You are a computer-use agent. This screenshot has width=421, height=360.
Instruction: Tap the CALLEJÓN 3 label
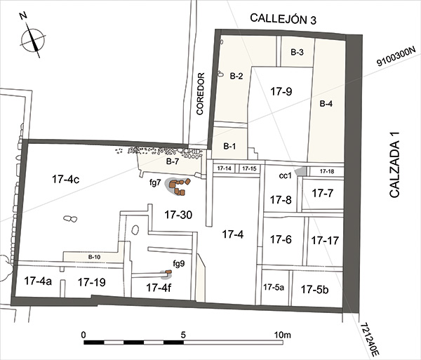(x=283, y=19)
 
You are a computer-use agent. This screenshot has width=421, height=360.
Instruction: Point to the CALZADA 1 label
(x=394, y=165)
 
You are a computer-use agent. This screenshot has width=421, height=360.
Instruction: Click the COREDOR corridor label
(x=201, y=94)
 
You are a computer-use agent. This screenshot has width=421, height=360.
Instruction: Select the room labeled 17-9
(x=281, y=91)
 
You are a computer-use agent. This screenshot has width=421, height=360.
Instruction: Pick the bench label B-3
(x=297, y=52)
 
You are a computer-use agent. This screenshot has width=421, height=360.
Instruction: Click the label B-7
(x=172, y=161)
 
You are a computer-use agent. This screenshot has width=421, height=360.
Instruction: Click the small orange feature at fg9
(x=168, y=272)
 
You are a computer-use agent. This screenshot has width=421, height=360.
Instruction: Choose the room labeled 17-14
(x=224, y=168)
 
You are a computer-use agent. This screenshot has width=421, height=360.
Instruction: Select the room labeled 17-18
(x=327, y=171)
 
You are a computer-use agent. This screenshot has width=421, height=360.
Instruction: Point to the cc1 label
(x=285, y=176)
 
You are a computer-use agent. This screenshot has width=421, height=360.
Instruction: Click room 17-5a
(x=274, y=287)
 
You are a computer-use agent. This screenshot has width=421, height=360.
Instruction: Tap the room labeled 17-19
(x=91, y=282)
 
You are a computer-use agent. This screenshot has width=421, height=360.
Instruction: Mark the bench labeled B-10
(x=94, y=257)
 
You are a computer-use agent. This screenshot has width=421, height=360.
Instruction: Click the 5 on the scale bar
(x=183, y=335)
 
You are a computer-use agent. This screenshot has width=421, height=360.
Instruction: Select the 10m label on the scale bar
(x=282, y=335)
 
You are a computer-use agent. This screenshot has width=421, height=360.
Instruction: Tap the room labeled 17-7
(x=323, y=193)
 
